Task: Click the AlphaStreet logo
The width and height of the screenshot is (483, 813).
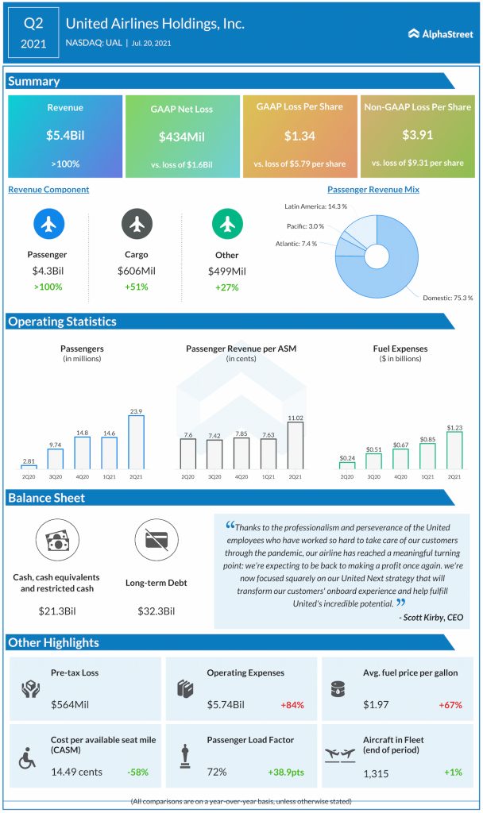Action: pyautogui.click(x=440, y=34)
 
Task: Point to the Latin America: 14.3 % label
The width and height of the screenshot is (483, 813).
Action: pyautogui.click(x=315, y=206)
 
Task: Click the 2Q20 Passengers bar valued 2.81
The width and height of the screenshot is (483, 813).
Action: pyautogui.click(x=28, y=467)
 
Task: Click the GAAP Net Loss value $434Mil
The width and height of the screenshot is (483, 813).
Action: pyautogui.click(x=182, y=137)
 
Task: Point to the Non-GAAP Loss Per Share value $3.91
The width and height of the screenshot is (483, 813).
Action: pyautogui.click(x=417, y=135)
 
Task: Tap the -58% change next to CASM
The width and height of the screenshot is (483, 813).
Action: pyautogui.click(x=137, y=771)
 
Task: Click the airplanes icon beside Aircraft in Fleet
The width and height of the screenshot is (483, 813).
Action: pyautogui.click(x=342, y=757)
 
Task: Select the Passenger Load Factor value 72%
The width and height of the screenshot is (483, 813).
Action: pyautogui.click(x=217, y=771)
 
